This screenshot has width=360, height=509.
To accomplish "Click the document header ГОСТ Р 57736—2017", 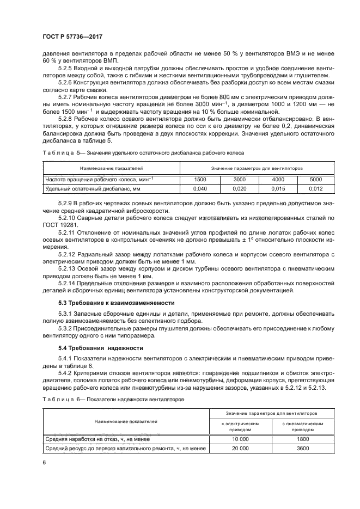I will tap(72, 36).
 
